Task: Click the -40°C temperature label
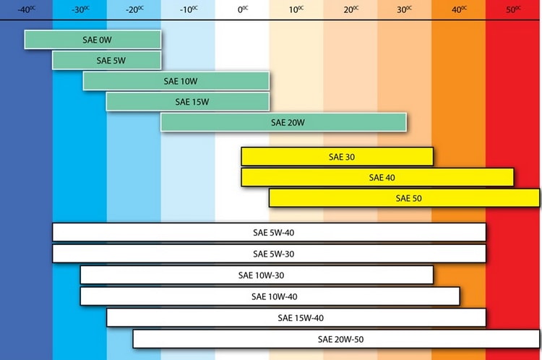[26, 9]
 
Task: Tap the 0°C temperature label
[242, 9]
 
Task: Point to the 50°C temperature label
[513, 9]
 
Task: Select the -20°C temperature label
[134, 9]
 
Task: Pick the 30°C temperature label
[405, 9]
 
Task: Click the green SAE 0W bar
[93, 40]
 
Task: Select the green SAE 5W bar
[106, 60]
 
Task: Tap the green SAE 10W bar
[176, 81]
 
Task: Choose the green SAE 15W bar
[188, 102]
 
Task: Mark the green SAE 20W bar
[283, 122]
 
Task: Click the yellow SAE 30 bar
[337, 157]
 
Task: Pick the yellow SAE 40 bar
[377, 177]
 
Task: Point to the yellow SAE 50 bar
[405, 197]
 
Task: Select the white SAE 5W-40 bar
[269, 233]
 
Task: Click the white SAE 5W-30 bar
[269, 254]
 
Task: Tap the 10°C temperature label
[296, 9]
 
